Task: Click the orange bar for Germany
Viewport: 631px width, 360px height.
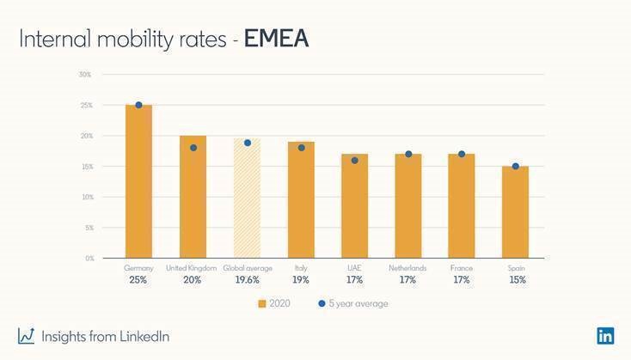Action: [138, 181]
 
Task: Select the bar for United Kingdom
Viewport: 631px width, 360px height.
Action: [193, 197]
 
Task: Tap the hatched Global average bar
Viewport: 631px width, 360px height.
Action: [247, 198]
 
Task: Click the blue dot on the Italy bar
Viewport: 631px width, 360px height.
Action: [301, 148]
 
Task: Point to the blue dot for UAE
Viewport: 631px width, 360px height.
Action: [354, 160]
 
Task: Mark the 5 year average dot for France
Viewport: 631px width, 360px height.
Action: [462, 154]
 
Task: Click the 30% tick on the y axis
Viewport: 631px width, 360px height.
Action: [85, 75]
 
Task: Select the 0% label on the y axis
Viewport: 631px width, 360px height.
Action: [88, 258]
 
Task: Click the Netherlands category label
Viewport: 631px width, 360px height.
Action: [407, 268]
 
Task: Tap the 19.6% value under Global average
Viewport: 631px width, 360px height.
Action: [247, 280]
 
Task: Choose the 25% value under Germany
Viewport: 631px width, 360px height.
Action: [138, 280]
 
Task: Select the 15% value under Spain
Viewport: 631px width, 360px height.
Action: [516, 280]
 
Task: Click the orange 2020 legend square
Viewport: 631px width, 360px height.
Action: [262, 303]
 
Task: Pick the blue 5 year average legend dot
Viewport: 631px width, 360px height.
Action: [321, 303]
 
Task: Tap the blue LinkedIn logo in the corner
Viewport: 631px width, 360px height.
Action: [605, 336]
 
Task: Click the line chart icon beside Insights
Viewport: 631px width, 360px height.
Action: [26, 336]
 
